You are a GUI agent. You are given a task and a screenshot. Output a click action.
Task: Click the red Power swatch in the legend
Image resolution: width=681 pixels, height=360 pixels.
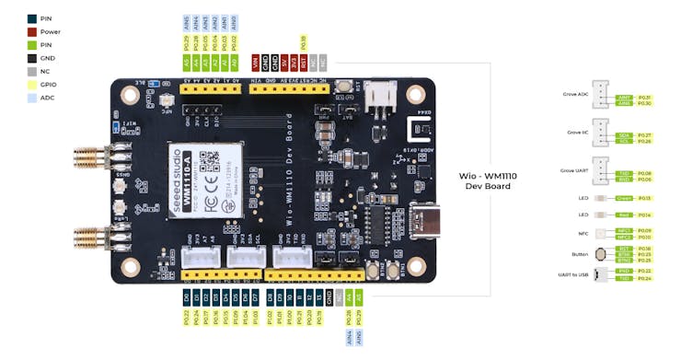[x=32, y=31]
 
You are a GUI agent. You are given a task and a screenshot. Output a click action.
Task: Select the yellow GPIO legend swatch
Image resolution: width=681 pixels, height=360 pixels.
[x=32, y=83]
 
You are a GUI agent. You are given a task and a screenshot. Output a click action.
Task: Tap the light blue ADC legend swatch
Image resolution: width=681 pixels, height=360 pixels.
[x=32, y=96]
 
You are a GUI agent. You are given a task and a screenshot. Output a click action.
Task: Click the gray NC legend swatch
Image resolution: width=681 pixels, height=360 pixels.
[x=32, y=70]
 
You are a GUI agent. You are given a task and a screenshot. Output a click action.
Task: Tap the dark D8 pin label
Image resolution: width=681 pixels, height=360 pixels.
[x=270, y=297]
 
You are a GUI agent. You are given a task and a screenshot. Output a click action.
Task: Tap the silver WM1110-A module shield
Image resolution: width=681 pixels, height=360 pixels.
[x=205, y=179]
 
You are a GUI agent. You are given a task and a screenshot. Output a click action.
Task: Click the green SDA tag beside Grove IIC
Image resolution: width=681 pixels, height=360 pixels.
[x=623, y=134]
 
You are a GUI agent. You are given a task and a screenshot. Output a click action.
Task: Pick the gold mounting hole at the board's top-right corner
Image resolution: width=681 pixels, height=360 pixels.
[x=417, y=95]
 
